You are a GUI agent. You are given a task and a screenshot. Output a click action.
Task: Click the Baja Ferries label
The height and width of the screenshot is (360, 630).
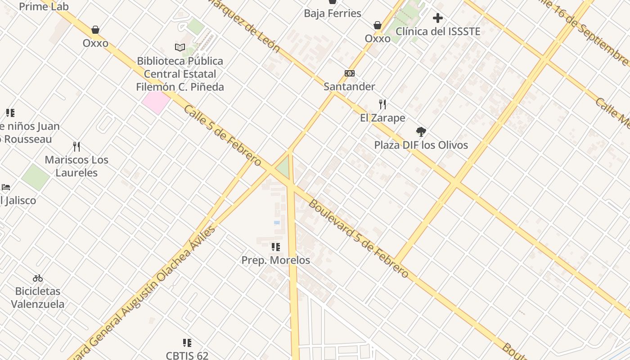[x=333, y=13]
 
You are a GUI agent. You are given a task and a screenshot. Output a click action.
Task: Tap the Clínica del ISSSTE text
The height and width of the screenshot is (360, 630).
[x=438, y=31]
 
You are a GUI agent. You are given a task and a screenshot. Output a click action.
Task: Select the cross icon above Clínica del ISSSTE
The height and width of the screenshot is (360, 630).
[x=438, y=18]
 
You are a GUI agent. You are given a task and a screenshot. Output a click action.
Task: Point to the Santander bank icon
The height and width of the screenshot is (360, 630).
[x=350, y=73]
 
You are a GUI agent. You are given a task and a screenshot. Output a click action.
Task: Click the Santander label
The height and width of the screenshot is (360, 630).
[x=349, y=86]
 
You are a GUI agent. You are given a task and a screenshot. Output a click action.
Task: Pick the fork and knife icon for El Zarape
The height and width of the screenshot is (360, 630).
[x=382, y=104]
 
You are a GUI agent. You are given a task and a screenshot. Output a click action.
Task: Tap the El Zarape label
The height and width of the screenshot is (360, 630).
[x=382, y=118]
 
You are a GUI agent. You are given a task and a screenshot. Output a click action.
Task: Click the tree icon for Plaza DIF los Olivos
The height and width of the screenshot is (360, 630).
[x=421, y=132]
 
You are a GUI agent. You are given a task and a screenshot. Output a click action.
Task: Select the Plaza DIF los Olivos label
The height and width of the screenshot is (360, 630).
[x=421, y=145]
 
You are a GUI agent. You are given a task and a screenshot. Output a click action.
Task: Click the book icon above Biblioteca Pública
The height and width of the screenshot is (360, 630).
[x=180, y=47]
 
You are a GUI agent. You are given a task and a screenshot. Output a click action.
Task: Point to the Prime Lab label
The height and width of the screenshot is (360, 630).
[x=44, y=7]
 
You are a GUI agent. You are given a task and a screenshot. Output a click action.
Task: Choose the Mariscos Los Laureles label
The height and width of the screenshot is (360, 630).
[x=76, y=166]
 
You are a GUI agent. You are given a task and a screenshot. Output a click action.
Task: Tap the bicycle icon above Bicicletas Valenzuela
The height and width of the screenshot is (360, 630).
[x=38, y=278]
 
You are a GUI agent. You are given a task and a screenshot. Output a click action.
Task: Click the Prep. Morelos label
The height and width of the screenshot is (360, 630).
[x=276, y=260]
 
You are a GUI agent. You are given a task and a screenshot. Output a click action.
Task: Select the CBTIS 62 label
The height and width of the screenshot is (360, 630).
[x=187, y=355]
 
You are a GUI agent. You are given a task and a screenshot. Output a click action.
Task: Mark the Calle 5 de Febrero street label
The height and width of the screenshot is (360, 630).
[x=222, y=135]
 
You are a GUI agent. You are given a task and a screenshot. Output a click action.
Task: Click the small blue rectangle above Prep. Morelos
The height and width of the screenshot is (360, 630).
[x=277, y=223]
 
